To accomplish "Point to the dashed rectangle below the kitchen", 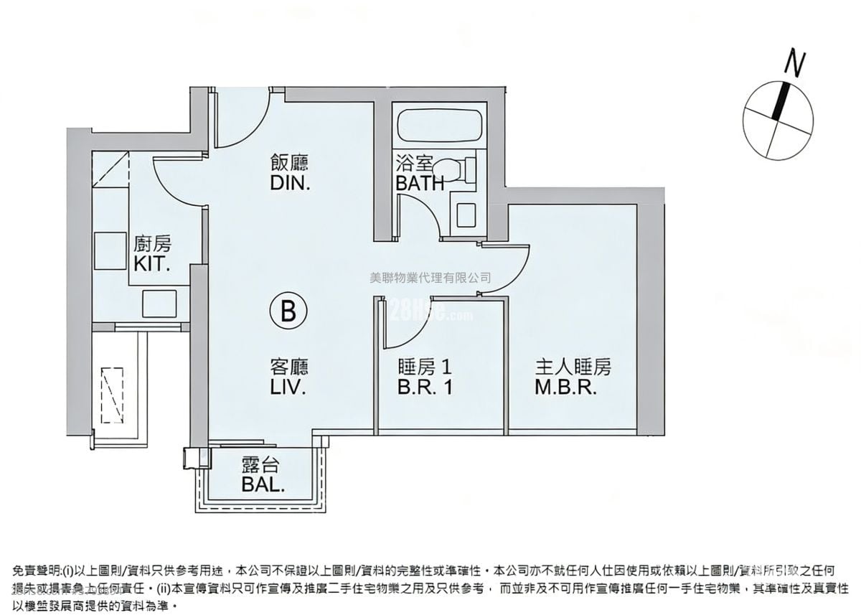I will click(113, 395).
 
